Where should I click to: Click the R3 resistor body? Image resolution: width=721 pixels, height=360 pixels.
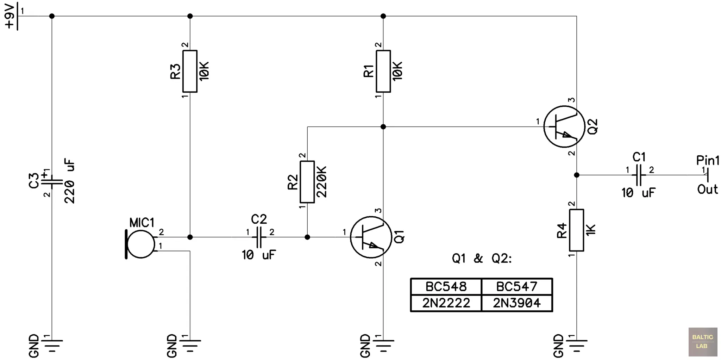pos(190,71)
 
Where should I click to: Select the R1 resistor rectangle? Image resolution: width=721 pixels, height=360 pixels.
pos(383,71)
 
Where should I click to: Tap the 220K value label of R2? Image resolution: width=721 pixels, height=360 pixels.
pos(321,182)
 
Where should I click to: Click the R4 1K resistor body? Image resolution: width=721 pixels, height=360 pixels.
pos(576,230)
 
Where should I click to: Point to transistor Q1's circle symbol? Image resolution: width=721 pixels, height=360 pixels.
pos(371,237)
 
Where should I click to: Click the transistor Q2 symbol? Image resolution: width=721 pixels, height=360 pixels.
pos(564,126)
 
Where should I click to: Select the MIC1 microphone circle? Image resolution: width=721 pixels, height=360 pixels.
pos(141,244)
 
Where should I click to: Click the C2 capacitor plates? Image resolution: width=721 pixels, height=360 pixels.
pos(259,237)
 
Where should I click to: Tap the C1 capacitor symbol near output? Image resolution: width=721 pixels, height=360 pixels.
pos(639,175)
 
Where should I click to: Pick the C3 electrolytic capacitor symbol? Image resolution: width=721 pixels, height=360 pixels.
pos(52,182)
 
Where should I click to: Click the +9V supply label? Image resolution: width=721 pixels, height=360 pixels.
pos(10,16)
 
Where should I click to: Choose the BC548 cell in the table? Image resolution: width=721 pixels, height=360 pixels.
pos(446,286)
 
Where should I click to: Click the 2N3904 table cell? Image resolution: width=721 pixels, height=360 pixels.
pos(516,303)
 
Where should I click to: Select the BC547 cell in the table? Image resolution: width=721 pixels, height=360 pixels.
pos(516,286)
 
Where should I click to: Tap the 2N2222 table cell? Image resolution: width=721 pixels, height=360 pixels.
pos(446,303)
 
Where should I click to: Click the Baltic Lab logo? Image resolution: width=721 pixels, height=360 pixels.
pos(702,342)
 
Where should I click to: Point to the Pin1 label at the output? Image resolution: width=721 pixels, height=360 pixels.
pos(708,161)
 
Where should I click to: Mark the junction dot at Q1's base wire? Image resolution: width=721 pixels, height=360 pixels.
pos(307,237)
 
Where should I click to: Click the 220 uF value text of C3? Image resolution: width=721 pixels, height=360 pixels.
pos(70,181)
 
